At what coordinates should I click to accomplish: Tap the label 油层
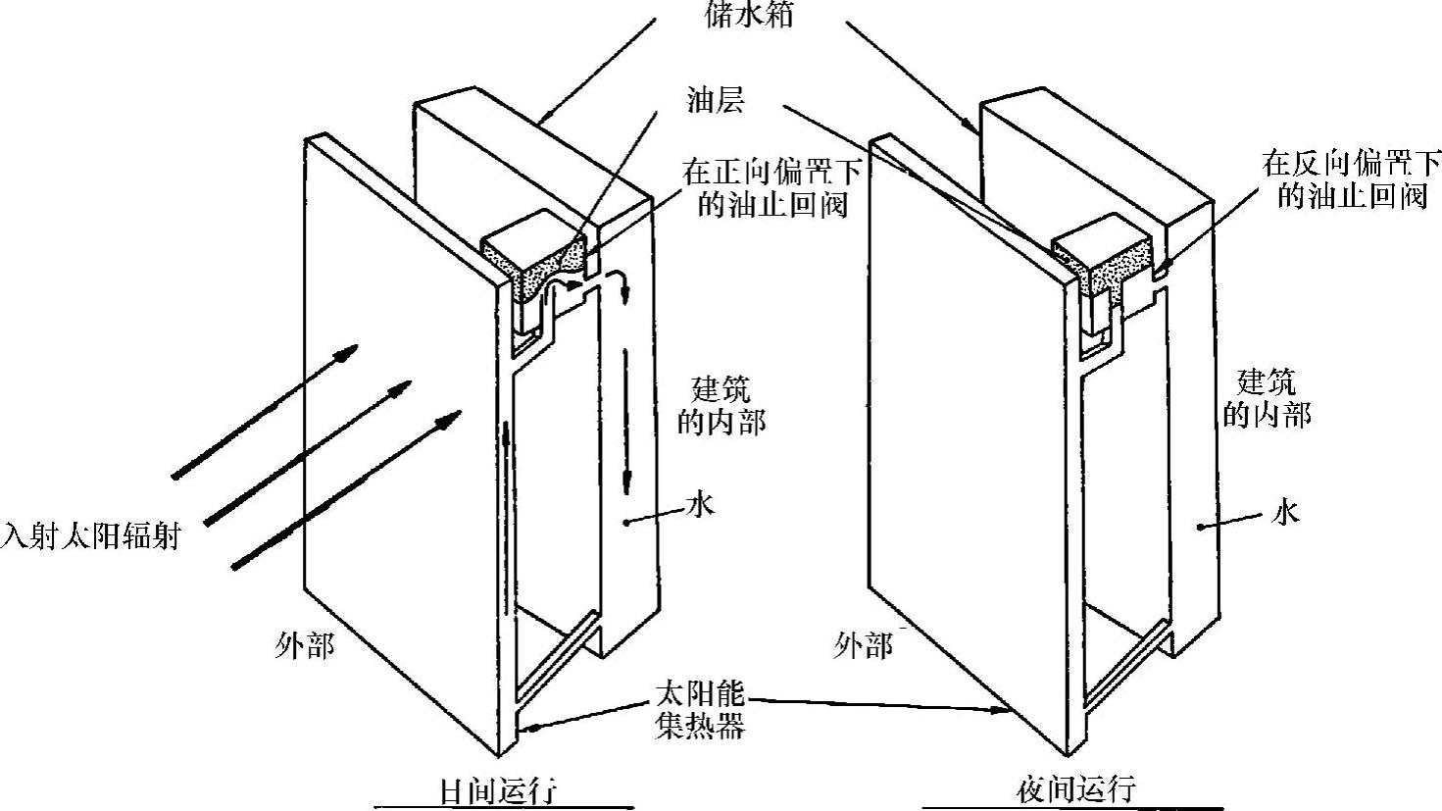(716, 101)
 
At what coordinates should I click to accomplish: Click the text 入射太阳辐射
(90, 536)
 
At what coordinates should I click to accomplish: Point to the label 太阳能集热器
(699, 710)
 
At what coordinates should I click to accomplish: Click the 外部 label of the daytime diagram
(305, 646)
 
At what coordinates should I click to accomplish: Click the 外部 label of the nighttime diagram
(863, 646)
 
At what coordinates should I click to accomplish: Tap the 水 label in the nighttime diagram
(1285, 511)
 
